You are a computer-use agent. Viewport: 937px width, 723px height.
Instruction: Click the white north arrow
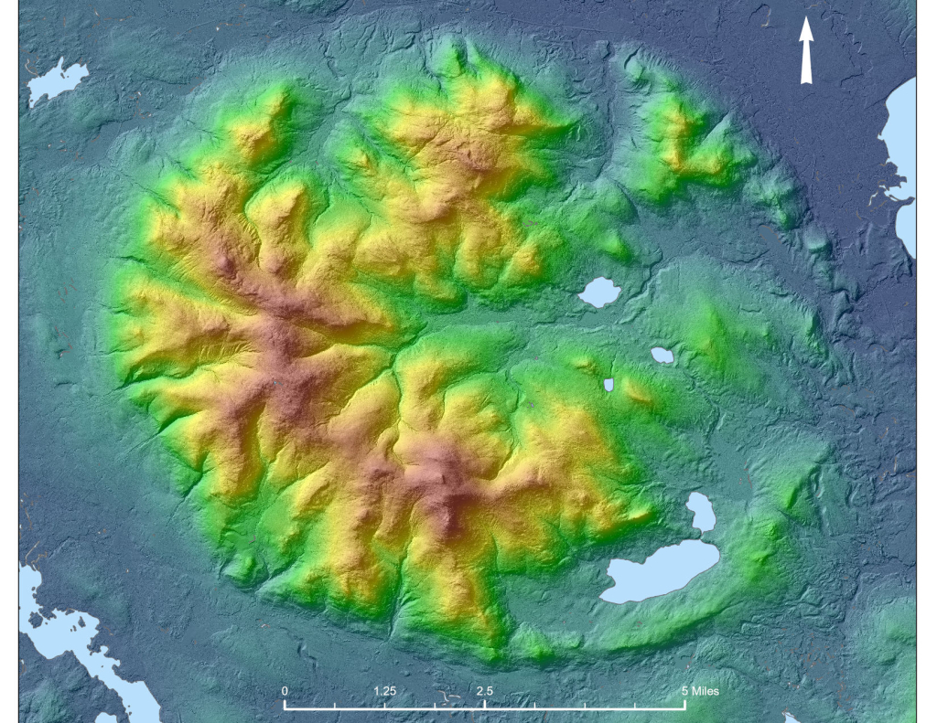tap(806, 50)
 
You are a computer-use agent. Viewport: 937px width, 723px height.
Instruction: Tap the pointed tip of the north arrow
tap(806, 19)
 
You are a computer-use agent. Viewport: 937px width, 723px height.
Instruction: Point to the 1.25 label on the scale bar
tap(384, 691)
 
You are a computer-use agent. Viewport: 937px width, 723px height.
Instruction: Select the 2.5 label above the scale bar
tap(484, 691)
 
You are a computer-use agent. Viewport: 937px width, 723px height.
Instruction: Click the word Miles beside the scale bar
tap(705, 691)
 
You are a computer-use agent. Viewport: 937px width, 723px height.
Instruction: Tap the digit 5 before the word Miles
tap(684, 691)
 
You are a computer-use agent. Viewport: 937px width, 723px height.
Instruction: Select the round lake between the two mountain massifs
tap(600, 292)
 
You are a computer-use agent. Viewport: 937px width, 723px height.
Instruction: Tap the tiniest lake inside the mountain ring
tap(609, 385)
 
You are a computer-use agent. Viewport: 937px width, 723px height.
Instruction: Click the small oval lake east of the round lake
tap(662, 355)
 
